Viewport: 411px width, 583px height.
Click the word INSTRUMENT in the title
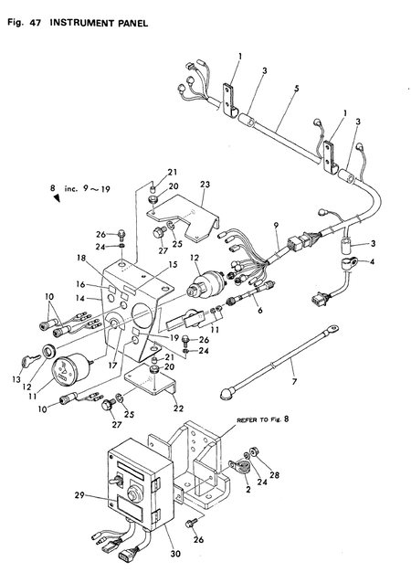[x=81, y=23]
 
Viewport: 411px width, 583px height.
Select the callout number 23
[x=205, y=185]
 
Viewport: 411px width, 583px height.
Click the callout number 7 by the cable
[x=294, y=381]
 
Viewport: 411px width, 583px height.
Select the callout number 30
[x=175, y=553]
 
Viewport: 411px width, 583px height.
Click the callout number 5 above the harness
[x=296, y=89]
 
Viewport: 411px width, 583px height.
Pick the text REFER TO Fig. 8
[x=263, y=419]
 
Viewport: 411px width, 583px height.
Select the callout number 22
[x=179, y=408]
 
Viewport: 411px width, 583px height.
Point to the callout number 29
[x=79, y=495]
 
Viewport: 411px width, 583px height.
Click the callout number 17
[x=112, y=366]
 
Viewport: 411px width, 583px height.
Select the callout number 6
[x=260, y=310]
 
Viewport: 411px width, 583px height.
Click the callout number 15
[x=173, y=264]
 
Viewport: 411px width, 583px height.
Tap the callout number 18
[x=82, y=258]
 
